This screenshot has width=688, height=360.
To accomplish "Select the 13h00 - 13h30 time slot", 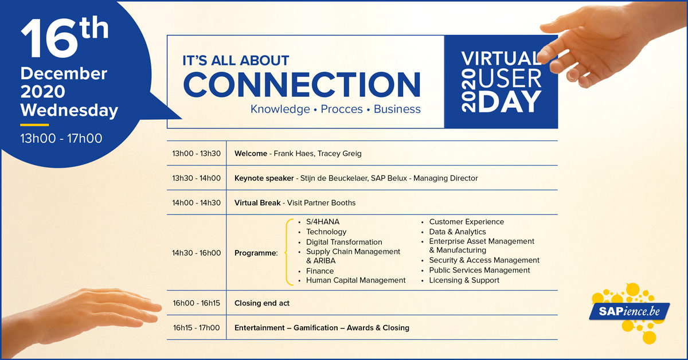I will click(x=196, y=154).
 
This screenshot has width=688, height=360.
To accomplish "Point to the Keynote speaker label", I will click(x=265, y=178).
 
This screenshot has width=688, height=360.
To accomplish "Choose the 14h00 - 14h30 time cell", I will click(x=196, y=202).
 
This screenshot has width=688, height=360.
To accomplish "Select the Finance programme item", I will click(x=319, y=271).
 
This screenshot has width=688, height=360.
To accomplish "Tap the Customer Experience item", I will click(x=466, y=222).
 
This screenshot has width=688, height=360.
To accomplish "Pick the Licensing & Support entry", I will click(x=464, y=280).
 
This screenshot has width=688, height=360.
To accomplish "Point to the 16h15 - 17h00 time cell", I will click(x=196, y=328).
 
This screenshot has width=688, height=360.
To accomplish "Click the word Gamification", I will click(x=317, y=328).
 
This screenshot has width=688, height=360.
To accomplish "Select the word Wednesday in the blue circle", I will click(x=69, y=109).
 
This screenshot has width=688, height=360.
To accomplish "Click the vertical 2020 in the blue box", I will click(x=468, y=91).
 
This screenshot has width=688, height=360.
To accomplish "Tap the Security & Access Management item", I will click(x=484, y=260).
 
